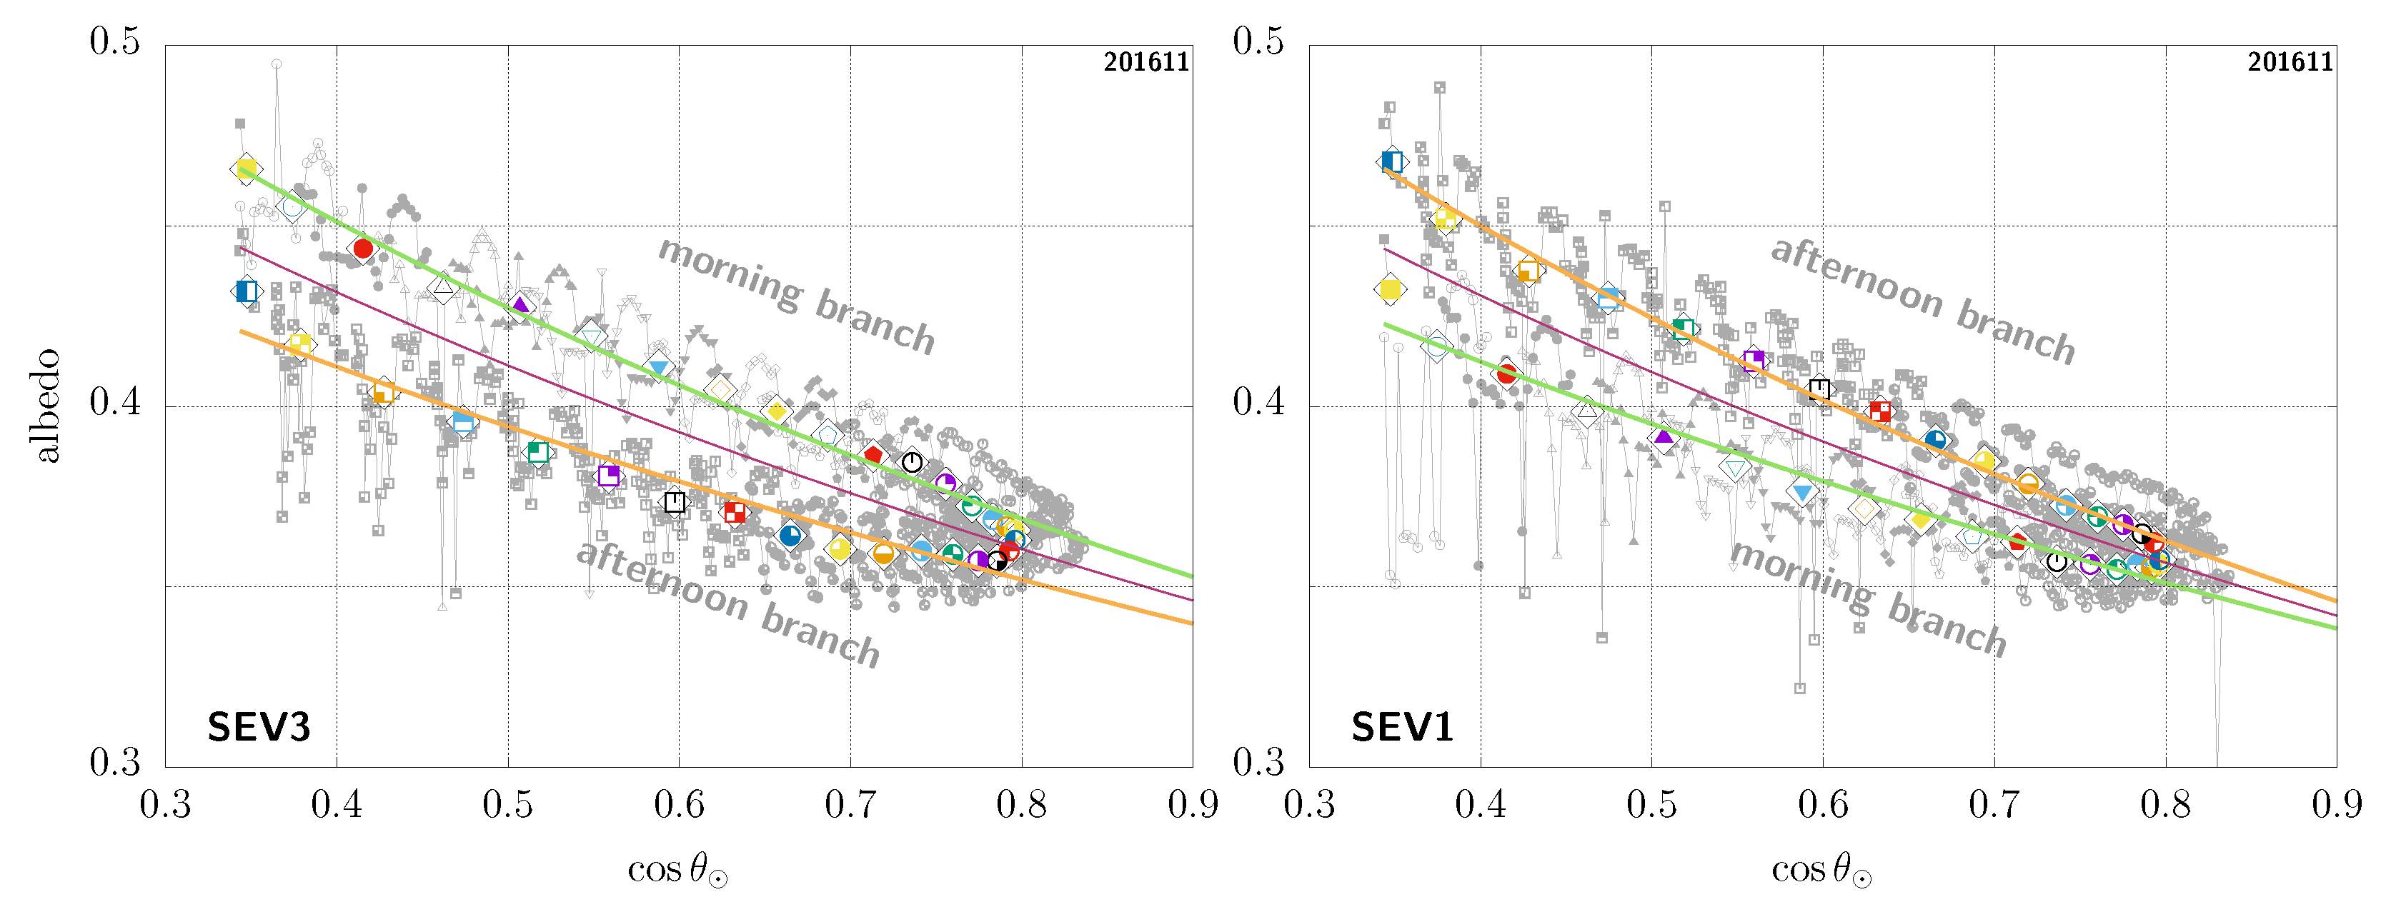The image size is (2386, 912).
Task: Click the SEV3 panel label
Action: tap(259, 727)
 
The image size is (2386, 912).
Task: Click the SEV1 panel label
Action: tap(1402, 727)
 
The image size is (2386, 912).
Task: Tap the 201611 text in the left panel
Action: tap(1145, 62)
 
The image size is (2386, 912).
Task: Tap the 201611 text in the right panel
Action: tap(2290, 62)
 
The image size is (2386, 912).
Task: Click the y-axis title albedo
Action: tap(46, 406)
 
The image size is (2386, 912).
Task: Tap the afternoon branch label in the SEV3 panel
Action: tap(728, 603)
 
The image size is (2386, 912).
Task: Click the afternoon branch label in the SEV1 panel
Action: tap(1923, 301)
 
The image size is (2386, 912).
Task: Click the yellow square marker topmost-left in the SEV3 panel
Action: tap(247, 169)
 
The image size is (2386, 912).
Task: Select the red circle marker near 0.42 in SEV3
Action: tap(363, 248)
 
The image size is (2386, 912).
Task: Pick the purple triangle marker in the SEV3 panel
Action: tap(520, 305)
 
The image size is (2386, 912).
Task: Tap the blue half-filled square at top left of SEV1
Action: tap(1391, 161)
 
